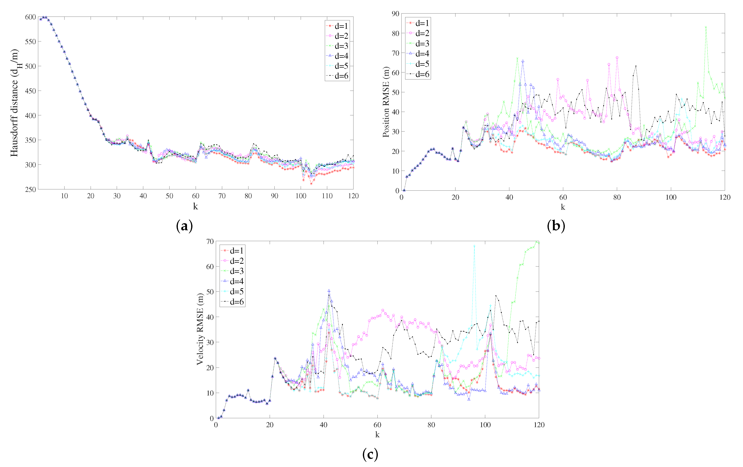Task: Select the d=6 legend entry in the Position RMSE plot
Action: (418, 74)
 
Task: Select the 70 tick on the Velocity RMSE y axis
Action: (210, 241)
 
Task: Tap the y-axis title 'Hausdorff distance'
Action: (14, 103)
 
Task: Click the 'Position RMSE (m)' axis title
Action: (386, 102)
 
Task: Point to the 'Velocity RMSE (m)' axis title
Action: (200, 329)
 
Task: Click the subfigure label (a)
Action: (184, 226)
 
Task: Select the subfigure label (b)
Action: (556, 226)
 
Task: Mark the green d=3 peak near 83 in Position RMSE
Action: (706, 27)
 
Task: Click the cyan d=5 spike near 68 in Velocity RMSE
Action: (474, 246)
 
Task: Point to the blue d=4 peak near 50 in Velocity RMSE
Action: (329, 291)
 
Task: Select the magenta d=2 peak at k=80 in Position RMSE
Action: (617, 58)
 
